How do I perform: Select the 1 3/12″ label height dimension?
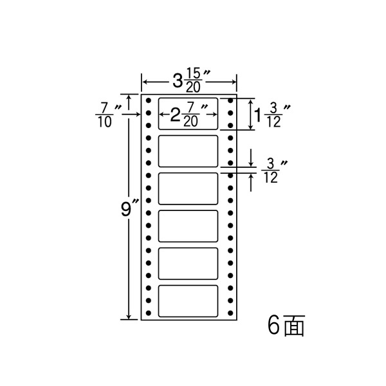point(271,115)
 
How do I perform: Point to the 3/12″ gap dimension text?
point(274,171)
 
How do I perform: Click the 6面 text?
point(286,326)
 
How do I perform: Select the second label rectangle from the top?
point(188,151)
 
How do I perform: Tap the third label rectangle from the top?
point(188,188)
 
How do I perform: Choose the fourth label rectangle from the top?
point(188,226)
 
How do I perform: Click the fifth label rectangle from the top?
point(188,264)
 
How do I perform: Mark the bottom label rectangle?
point(188,301)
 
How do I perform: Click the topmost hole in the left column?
point(148,100)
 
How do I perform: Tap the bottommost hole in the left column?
point(148,313)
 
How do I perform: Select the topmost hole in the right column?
point(230,100)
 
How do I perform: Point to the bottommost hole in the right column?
point(230,313)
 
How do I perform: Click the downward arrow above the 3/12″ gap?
point(251,158)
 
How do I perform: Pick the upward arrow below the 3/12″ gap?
point(251,183)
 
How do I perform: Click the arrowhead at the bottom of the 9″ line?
point(129,317)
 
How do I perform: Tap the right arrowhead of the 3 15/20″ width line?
point(234,82)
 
